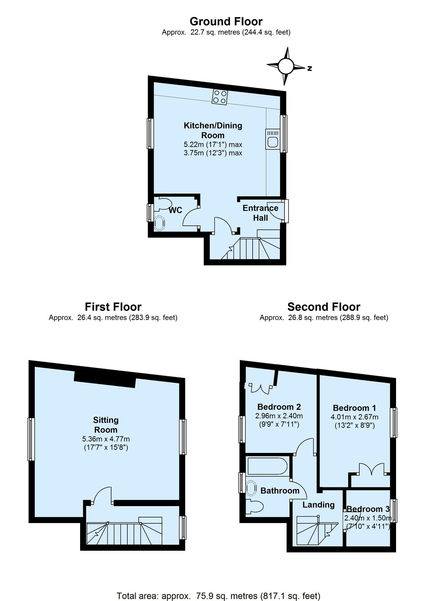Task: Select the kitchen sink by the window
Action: [272, 139]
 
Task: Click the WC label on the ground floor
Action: [175, 210]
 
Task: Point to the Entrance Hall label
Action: [260, 213]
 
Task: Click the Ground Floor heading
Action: [226, 21]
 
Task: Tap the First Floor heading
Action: [113, 306]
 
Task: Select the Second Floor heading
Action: [324, 306]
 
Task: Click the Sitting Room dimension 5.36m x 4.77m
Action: [106, 439]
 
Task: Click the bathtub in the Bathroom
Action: [267, 466]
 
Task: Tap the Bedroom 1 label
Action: [354, 408]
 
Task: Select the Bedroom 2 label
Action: [279, 407]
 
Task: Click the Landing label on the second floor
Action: [318, 505]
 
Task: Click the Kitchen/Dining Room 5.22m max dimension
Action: [213, 145]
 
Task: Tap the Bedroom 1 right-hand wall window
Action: [393, 423]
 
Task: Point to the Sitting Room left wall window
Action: [31, 439]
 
